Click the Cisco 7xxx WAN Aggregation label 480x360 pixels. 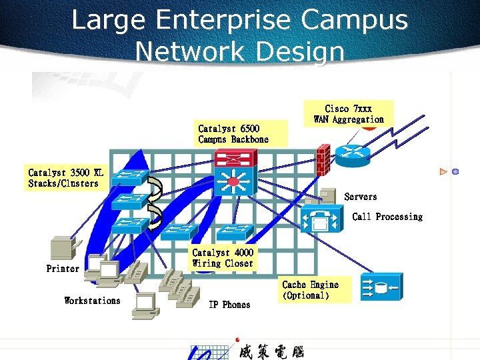click(349, 114)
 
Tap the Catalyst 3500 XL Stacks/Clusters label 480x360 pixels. click(66, 178)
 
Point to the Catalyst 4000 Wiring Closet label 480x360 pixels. click(223, 258)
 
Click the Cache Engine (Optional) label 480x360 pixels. click(311, 290)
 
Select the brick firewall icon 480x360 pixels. click(325, 159)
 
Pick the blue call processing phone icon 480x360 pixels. click(322, 217)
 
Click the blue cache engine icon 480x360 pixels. click(381, 287)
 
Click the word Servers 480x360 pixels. click(360, 197)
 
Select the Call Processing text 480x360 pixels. click(387, 217)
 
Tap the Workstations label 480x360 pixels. click(92, 301)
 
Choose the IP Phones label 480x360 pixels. click(229, 305)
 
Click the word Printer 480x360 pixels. click(63, 269)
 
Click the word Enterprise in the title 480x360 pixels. click(227, 20)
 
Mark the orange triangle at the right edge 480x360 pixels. click(443, 172)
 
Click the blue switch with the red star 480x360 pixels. click(233, 181)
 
